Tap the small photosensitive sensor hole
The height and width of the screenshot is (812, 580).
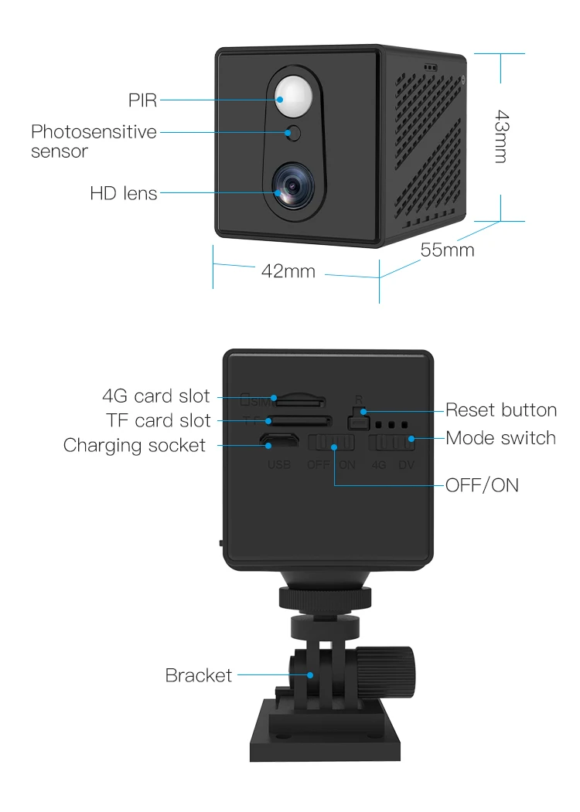point(293,133)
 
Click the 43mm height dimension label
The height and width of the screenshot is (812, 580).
point(502,137)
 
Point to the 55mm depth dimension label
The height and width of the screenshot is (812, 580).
point(447,250)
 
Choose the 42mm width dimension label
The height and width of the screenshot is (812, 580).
point(288,270)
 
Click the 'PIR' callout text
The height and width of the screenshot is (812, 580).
point(143,100)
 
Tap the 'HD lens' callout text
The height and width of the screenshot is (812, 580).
point(124,193)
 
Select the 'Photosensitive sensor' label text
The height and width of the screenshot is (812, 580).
point(94,141)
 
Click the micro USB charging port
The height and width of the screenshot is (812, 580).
point(278,443)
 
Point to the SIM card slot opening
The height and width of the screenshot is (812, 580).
point(300,402)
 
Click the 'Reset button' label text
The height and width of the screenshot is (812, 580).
point(501,409)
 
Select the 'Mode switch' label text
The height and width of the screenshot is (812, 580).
point(501,438)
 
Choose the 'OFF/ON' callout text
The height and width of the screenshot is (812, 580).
point(482,485)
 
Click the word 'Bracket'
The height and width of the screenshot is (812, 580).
point(199,675)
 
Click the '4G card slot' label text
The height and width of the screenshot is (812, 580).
point(156,396)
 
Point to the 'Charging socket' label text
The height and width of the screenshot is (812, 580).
point(135,445)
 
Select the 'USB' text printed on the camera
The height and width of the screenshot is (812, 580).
point(278,465)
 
